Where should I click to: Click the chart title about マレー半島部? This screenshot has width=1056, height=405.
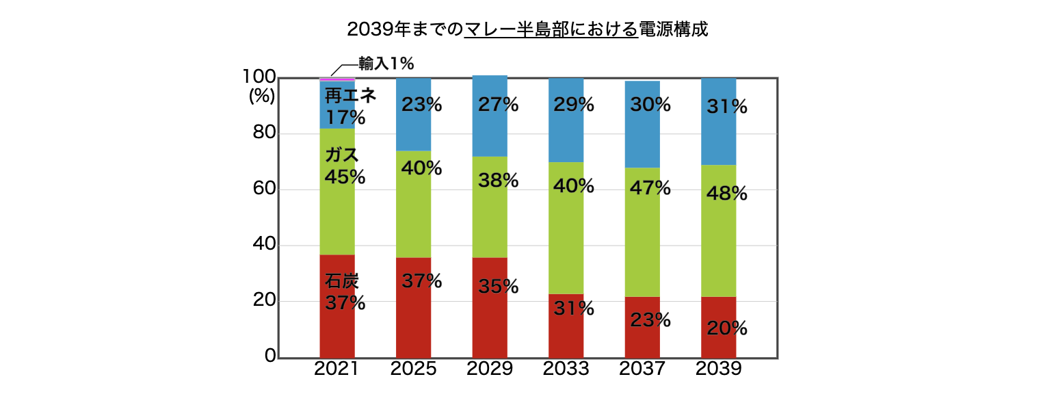pos(527,29)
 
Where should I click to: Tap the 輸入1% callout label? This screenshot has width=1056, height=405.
pos(386,64)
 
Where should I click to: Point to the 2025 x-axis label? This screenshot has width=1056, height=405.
pos(413,369)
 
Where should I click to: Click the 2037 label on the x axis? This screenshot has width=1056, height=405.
pos(642,369)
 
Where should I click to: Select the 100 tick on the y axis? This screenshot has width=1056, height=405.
pos(259,78)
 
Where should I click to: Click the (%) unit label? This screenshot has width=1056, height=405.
pos(261,96)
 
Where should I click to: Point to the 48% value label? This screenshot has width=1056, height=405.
pos(727,194)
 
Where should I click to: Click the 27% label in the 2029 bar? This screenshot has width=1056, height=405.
pos(499,105)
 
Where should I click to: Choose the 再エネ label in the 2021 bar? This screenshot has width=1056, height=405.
pos(349,96)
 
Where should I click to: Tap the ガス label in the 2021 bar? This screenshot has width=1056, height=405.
pos(341,155)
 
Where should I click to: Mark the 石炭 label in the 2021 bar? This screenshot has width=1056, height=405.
pos(341,280)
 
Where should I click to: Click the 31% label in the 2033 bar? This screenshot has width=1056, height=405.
pos(574,309)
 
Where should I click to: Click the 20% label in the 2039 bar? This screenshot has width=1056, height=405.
pos(727,328)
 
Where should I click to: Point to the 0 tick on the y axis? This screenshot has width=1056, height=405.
pos(270,356)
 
